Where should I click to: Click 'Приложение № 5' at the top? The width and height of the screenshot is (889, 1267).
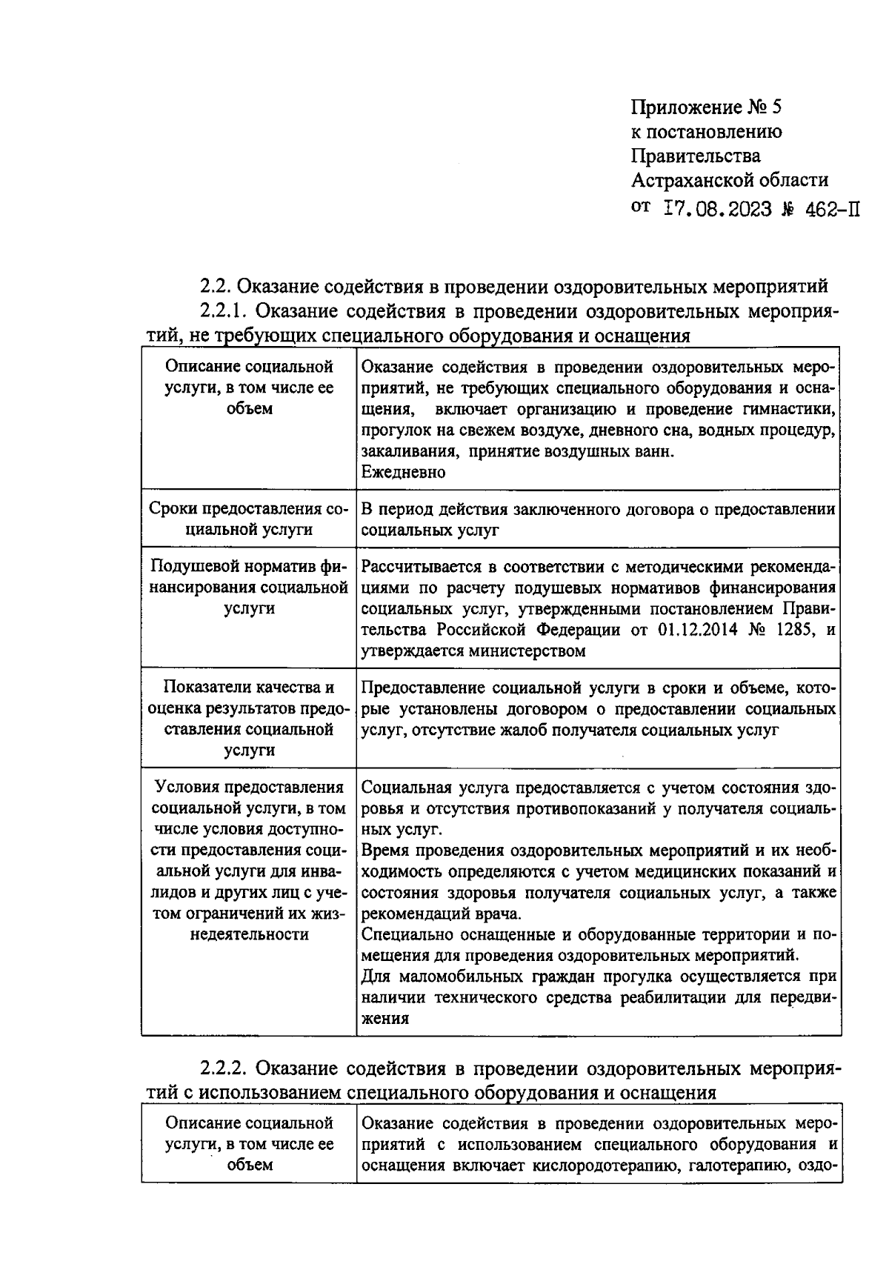click(x=706, y=108)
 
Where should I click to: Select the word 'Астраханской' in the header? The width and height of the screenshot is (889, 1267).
click(x=692, y=180)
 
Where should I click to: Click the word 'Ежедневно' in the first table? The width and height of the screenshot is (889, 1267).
click(x=404, y=473)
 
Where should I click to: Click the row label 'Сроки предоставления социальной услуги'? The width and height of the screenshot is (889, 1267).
click(x=248, y=519)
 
